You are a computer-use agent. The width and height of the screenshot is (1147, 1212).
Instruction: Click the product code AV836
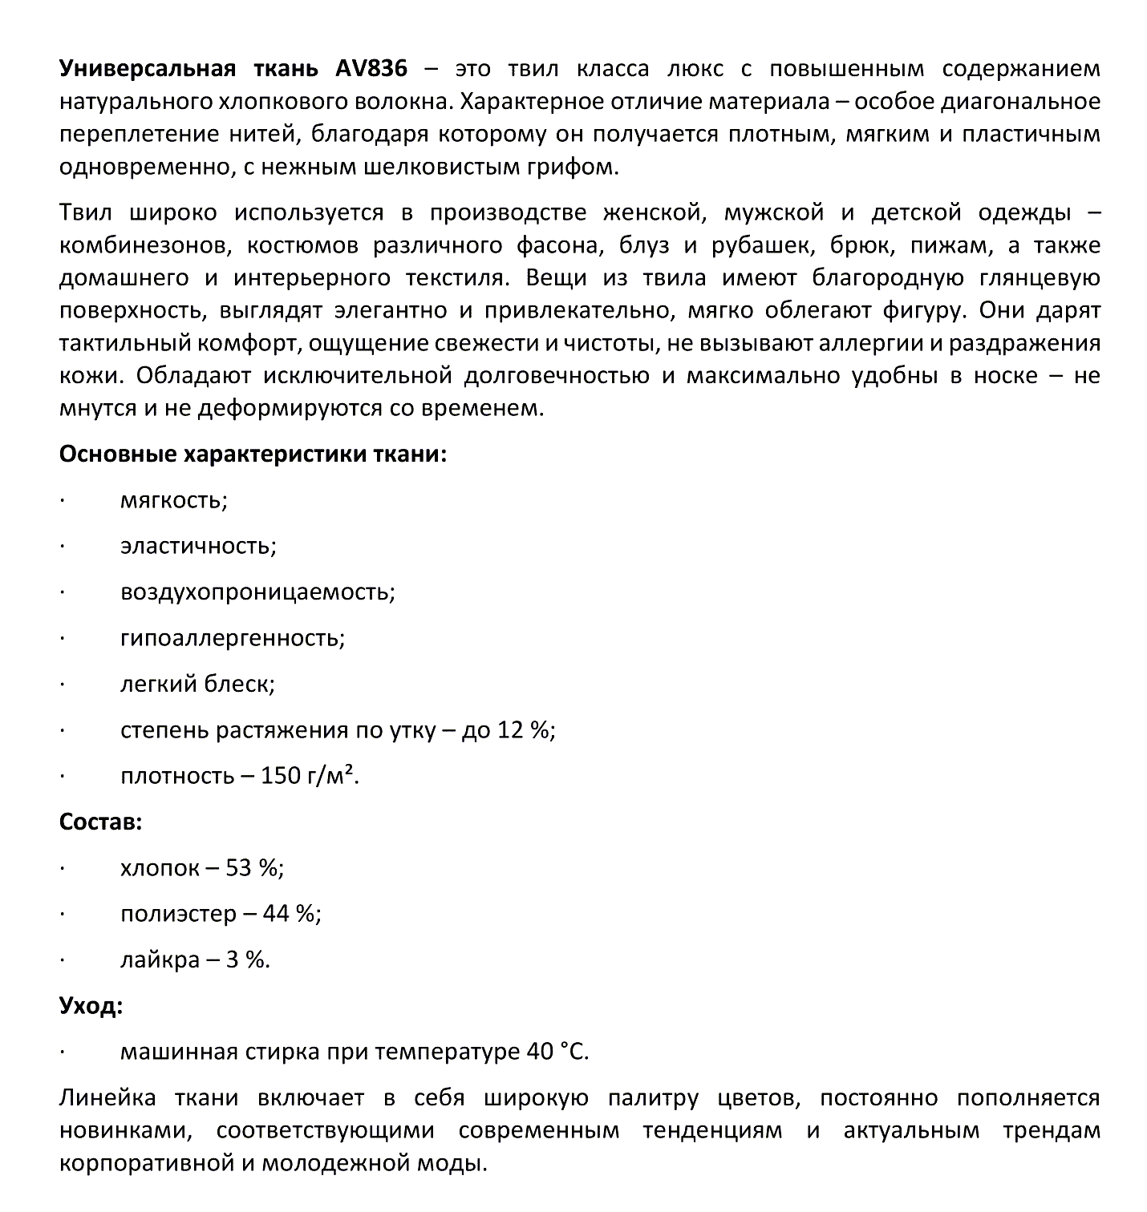(x=371, y=68)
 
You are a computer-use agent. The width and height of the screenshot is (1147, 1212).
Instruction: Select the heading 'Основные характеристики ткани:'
(x=253, y=454)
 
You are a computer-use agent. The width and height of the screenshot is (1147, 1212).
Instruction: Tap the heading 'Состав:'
(x=101, y=822)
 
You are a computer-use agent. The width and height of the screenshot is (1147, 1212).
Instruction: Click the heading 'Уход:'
(x=91, y=1005)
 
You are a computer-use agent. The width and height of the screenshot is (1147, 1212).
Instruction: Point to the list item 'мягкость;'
(x=174, y=501)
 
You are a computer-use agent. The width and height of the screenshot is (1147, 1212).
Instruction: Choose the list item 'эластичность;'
(x=198, y=547)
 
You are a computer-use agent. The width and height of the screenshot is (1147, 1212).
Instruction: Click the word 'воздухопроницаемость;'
(x=257, y=592)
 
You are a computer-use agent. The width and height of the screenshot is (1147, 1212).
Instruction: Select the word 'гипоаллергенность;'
(x=233, y=639)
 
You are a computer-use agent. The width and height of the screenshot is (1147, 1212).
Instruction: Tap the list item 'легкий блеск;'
(x=197, y=684)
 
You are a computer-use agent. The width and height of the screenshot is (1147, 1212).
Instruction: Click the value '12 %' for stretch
(x=524, y=730)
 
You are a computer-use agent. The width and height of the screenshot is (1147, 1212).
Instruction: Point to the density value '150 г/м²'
(x=310, y=776)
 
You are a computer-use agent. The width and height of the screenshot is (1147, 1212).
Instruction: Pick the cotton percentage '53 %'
(x=254, y=868)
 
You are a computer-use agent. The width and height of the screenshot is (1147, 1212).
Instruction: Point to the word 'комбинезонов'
(x=143, y=245)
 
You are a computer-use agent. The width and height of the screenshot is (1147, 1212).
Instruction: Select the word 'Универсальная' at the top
(x=148, y=68)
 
